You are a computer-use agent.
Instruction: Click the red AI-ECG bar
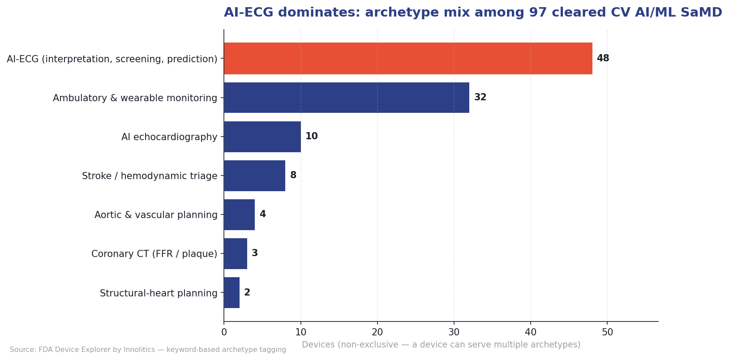click(x=407, y=59)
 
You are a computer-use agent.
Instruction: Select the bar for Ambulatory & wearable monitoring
click(x=346, y=98)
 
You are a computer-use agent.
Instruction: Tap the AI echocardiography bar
click(x=262, y=137)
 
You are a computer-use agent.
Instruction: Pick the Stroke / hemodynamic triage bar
click(x=254, y=176)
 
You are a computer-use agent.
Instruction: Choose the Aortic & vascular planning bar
click(x=239, y=214)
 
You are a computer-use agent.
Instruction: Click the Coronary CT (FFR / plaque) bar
click(x=236, y=253)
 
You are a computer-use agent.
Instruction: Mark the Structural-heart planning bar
click(x=232, y=292)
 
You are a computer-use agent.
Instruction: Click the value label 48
click(x=603, y=59)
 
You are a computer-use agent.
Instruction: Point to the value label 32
click(x=480, y=98)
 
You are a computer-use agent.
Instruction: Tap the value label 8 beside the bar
click(x=293, y=176)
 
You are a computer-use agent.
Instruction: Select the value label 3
click(x=254, y=253)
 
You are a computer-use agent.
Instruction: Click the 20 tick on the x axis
click(x=377, y=332)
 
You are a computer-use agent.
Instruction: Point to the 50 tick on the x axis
click(x=607, y=332)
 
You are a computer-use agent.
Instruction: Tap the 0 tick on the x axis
click(x=224, y=332)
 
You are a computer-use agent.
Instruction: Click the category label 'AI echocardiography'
click(x=169, y=137)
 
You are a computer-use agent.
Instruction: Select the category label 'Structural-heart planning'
click(x=159, y=293)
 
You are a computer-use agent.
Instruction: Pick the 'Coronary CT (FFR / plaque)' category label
click(x=154, y=254)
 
